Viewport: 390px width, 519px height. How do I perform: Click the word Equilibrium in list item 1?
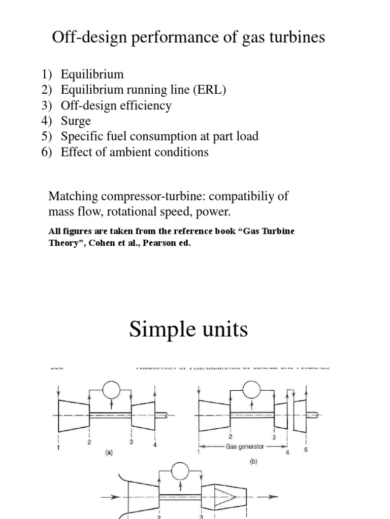click(92, 74)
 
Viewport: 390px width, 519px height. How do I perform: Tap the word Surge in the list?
click(76, 121)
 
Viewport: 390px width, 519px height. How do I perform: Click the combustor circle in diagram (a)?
click(110, 390)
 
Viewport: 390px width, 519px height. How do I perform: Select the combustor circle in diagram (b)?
click(251, 390)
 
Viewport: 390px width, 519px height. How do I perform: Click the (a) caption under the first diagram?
click(109, 454)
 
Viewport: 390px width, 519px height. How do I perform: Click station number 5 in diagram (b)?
click(306, 450)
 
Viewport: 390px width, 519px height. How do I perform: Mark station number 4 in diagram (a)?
click(154, 444)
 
